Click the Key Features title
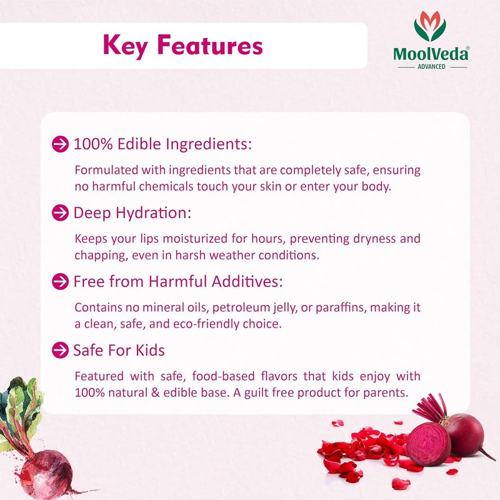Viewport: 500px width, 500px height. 182,45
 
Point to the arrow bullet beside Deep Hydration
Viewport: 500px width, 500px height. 60,213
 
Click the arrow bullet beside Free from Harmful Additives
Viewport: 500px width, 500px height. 60,282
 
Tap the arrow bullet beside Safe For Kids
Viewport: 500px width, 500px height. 60,350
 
